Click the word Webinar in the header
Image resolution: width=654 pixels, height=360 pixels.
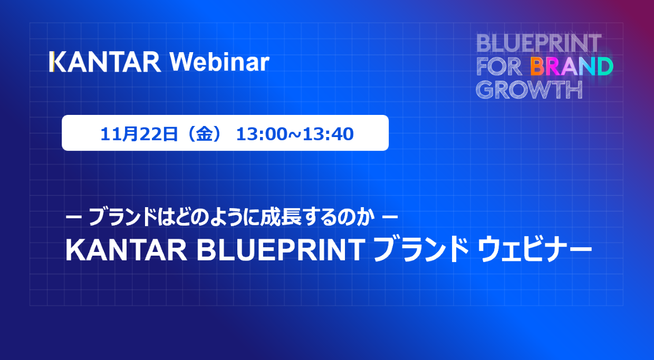point(219,62)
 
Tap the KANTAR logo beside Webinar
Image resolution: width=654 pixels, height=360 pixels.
point(105,62)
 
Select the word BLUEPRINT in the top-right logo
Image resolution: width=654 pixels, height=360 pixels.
point(538,43)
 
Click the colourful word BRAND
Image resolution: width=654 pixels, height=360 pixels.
point(572,66)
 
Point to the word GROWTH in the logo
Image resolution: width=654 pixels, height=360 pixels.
point(529,90)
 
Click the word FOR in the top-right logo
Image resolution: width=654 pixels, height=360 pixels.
point(499,66)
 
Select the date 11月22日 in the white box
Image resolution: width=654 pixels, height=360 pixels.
point(139,134)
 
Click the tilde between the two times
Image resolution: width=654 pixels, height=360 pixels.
point(295,134)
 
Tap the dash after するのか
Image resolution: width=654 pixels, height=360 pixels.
point(390,217)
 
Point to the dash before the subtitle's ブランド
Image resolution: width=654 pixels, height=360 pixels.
point(74,217)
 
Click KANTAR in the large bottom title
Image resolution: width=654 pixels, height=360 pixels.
point(126,250)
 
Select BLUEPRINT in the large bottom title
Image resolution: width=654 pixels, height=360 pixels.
point(281,250)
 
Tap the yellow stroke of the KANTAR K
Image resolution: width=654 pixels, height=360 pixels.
point(51,62)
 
